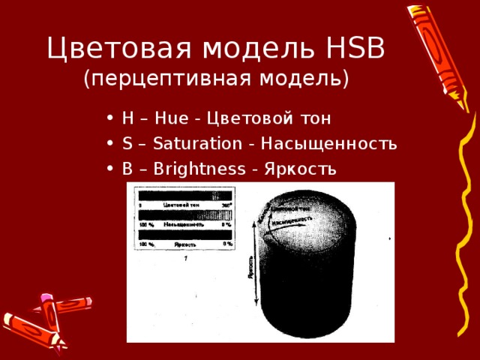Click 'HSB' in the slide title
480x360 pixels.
click(x=356, y=49)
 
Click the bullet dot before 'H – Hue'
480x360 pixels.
click(x=110, y=118)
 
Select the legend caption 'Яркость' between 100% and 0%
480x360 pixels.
click(x=184, y=244)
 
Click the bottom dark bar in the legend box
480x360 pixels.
click(x=184, y=235)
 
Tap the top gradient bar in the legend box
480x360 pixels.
click(x=184, y=193)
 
